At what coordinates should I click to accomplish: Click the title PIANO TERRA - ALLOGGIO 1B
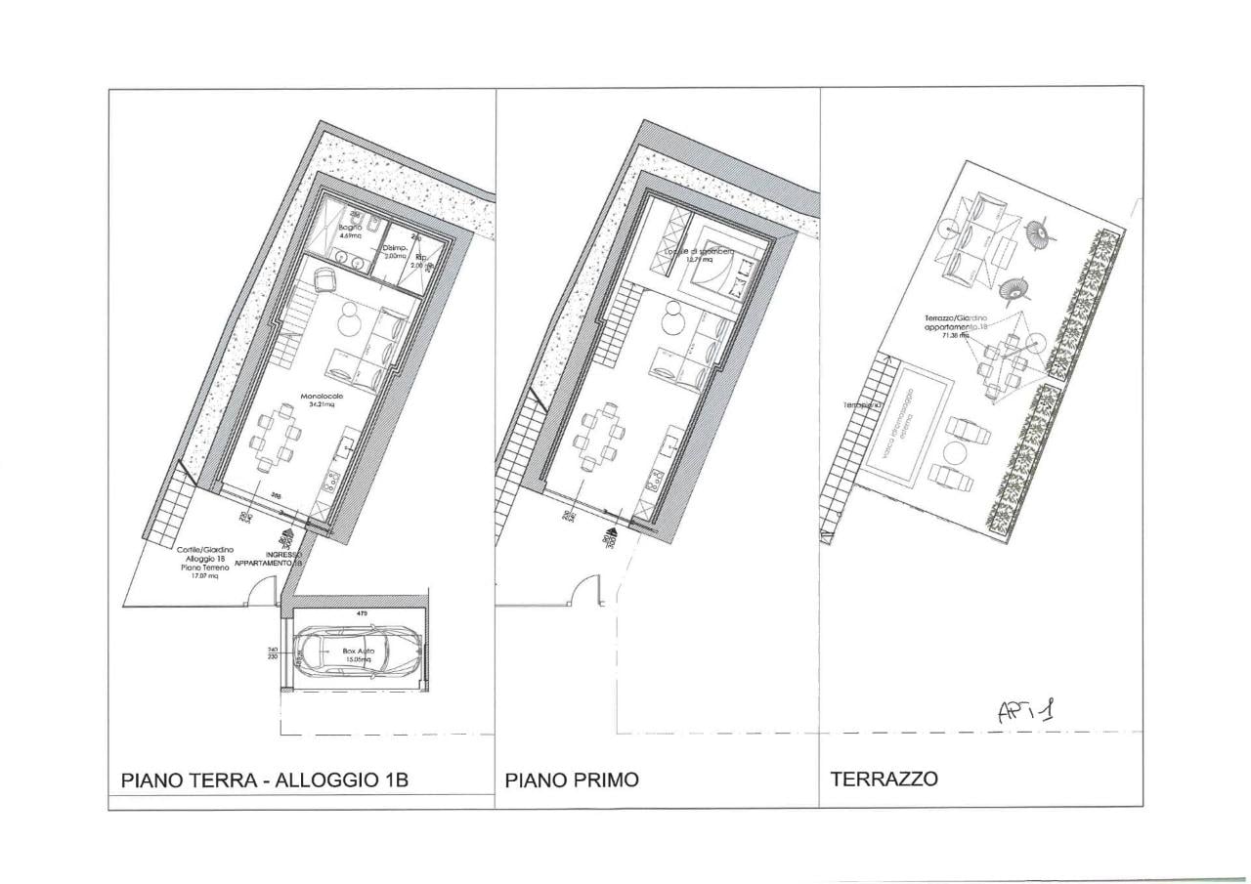pos(264,780)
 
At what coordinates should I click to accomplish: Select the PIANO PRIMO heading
pos(572,780)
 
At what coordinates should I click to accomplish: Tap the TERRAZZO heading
pos(884,779)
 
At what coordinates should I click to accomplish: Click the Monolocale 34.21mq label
pos(322,400)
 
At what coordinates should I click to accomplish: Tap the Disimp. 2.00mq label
pos(394,251)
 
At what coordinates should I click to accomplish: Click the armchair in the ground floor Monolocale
pos(324,281)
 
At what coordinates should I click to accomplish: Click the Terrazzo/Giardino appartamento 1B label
pos(957,325)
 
